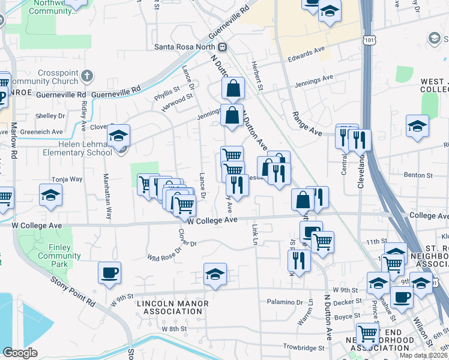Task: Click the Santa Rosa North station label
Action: point(185,47)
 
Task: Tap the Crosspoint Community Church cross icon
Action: point(88,76)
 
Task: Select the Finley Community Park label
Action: point(59,252)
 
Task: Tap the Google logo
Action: point(20,352)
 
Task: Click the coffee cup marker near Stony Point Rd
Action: point(109,274)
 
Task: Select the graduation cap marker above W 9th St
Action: point(215,274)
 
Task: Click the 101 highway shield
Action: point(369,39)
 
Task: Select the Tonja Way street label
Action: point(67,179)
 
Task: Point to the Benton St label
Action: point(419,175)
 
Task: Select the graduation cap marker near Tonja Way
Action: point(50,194)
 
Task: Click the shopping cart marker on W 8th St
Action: point(367,334)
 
